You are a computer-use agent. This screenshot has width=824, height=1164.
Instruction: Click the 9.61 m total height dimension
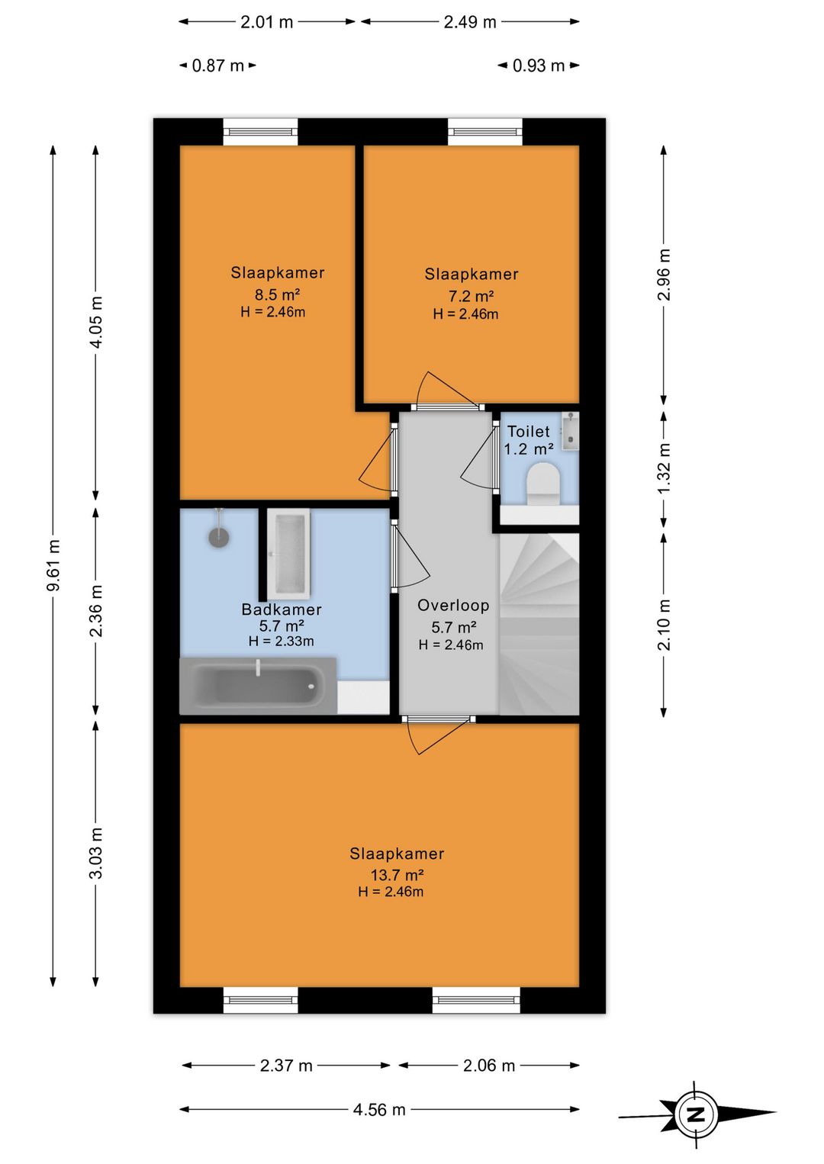[x=53, y=564]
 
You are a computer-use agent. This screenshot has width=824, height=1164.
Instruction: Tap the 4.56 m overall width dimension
[x=379, y=1110]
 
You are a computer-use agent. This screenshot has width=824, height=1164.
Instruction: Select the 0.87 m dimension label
[x=218, y=66]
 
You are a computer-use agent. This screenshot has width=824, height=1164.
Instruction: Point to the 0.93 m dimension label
[x=539, y=66]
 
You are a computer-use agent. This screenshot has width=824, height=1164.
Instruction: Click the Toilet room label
[x=528, y=431]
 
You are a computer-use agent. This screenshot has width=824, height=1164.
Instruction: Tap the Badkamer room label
[x=282, y=609]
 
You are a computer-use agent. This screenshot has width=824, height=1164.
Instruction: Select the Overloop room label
[x=453, y=606]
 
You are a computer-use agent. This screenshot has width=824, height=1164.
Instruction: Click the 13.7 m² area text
[x=397, y=875]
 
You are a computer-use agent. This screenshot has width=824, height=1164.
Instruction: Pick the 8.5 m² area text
[x=277, y=294]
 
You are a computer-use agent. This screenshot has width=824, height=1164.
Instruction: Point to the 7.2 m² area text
[x=471, y=296]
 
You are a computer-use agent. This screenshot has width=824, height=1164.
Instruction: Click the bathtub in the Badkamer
[x=258, y=686]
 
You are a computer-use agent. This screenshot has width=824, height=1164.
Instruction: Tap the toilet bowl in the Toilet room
[x=542, y=484]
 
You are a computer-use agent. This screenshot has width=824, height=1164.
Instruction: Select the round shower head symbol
[x=219, y=537]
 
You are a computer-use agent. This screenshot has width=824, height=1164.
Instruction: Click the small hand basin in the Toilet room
[x=570, y=431]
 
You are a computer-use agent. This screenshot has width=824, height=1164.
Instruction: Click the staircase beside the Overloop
[x=539, y=624]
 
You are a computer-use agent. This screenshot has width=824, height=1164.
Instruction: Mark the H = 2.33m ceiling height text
[x=282, y=641]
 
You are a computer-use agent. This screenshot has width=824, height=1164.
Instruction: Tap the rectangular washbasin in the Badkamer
[x=288, y=553]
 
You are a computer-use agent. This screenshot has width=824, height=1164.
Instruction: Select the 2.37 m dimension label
[x=286, y=1066]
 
